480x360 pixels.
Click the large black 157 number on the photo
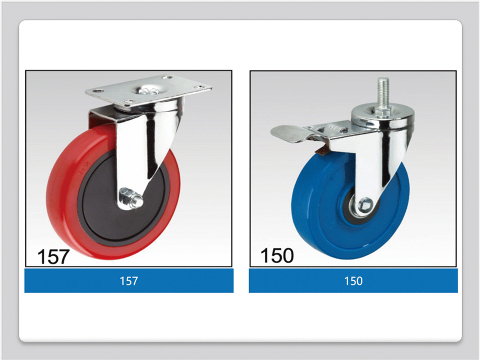pyautogui.click(x=53, y=256)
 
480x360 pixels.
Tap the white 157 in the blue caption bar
pyautogui.click(x=128, y=280)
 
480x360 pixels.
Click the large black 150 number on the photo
pyautogui.click(x=277, y=255)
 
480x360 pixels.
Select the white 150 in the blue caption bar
pyautogui.click(x=353, y=280)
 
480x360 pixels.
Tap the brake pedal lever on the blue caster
pyautogui.click(x=289, y=134)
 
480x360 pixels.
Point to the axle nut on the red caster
pyautogui.click(x=130, y=199)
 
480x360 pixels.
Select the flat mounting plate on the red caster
pyautogui.click(x=148, y=90)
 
